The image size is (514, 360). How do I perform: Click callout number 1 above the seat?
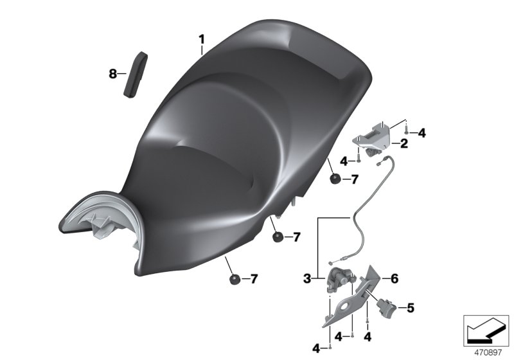point(202,40)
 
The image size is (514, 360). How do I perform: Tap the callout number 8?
point(113,74)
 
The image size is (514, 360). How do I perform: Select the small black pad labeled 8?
point(135,75)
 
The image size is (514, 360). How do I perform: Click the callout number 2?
point(403,143)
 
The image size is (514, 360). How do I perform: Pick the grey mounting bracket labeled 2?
point(372,138)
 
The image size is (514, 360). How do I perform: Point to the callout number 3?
point(307,279)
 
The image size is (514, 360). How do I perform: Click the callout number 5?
point(411,308)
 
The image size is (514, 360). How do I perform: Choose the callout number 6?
point(394,279)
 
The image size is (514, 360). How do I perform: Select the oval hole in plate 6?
point(345,307)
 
